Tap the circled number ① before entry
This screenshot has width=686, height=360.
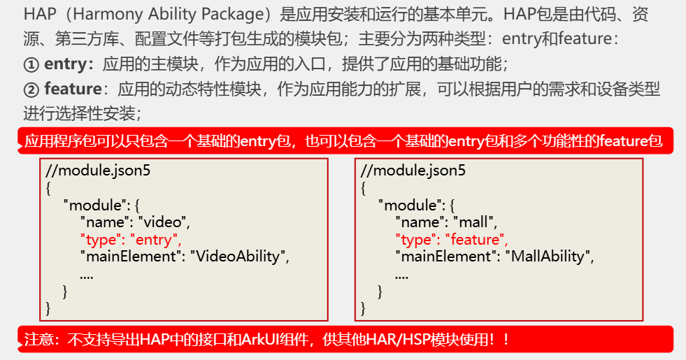click(31, 65)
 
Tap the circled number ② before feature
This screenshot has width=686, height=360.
click(31, 89)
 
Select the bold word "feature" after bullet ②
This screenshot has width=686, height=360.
click(73, 89)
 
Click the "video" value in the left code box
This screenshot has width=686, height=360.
click(163, 223)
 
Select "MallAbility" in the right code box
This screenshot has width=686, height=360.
click(548, 257)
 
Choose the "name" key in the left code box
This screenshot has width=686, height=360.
click(105, 223)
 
